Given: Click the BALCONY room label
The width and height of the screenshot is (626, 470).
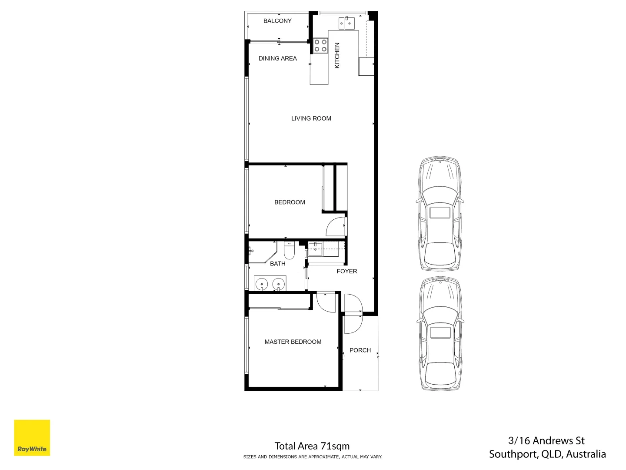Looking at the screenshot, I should pyautogui.click(x=277, y=21).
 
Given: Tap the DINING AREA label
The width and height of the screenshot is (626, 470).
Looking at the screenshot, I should pyautogui.click(x=277, y=58).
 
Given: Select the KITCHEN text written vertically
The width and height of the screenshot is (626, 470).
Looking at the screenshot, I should pyautogui.click(x=337, y=55).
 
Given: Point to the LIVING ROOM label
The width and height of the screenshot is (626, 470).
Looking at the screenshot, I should pyautogui.click(x=311, y=118).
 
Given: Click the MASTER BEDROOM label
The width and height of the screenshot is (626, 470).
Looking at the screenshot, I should pyautogui.click(x=293, y=342).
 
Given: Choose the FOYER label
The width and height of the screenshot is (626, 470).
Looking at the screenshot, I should pyautogui.click(x=346, y=271).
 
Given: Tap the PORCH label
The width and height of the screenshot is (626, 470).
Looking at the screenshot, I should pyautogui.click(x=360, y=350).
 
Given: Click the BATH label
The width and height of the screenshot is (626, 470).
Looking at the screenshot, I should pyautogui.click(x=277, y=264).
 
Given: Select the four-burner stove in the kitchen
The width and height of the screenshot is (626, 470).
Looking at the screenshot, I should pyautogui.click(x=320, y=46).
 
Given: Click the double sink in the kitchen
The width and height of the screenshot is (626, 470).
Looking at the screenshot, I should pyautogui.click(x=346, y=23).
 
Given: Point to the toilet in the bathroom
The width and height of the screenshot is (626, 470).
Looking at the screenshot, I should pyautogui.click(x=289, y=251).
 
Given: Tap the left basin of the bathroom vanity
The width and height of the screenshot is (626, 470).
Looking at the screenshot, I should pyautogui.click(x=262, y=284).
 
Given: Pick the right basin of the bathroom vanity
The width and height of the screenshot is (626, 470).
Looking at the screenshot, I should pyautogui.click(x=278, y=284).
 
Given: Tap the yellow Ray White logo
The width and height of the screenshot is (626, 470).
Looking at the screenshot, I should pyautogui.click(x=32, y=438).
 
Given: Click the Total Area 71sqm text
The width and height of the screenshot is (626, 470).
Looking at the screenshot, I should pyautogui.click(x=312, y=446).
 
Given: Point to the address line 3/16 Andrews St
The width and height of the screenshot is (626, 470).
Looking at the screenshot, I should pyautogui.click(x=546, y=441).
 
